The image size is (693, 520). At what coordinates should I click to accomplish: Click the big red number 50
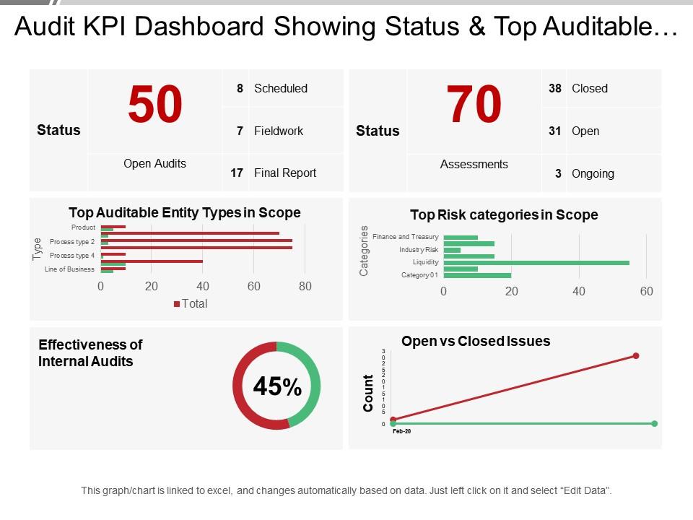(155, 105)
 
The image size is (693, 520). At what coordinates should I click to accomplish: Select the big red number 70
(474, 105)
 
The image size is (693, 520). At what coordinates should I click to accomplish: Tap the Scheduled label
(281, 88)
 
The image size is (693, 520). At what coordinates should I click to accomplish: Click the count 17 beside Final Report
(236, 173)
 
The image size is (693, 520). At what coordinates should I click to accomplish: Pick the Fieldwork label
(279, 131)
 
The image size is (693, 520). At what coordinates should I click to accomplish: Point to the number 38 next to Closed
(554, 88)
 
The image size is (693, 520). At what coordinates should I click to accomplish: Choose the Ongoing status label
(593, 173)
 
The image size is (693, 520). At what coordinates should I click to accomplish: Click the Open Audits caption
(154, 163)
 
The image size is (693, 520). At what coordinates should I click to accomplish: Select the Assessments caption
(474, 164)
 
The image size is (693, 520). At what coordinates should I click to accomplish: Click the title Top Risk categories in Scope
(504, 214)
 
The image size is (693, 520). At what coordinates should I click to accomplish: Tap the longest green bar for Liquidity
(536, 263)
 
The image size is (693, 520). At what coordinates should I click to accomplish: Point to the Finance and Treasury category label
(405, 237)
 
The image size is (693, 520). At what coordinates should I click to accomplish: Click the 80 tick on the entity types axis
(305, 286)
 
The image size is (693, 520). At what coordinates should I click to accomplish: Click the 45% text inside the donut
(276, 387)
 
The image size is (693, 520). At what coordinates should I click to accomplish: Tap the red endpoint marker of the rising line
(636, 355)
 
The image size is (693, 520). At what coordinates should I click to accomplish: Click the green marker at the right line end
(654, 424)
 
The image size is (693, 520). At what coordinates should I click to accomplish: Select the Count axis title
(369, 394)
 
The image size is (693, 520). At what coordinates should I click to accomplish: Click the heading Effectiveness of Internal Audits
(90, 353)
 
